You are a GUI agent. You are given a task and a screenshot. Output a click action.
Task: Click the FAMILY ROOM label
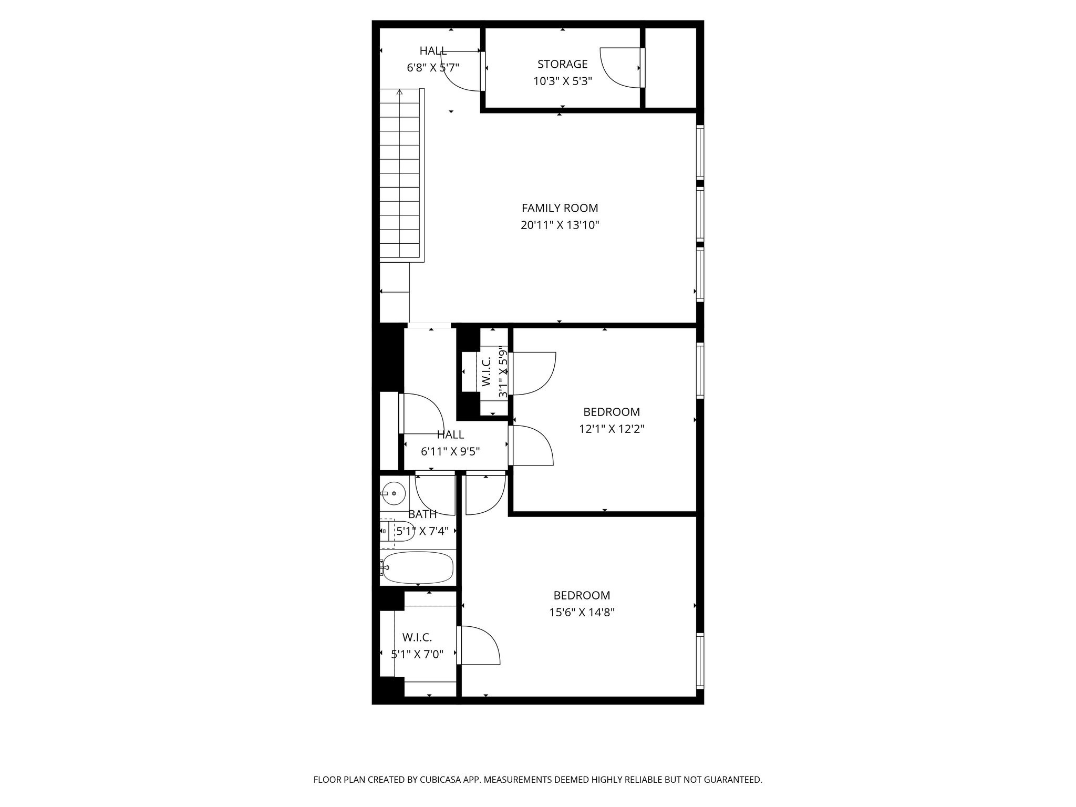[x=560, y=208]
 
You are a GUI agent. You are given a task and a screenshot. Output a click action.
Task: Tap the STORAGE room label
[x=562, y=64]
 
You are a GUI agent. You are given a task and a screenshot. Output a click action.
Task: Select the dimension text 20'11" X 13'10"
[x=560, y=225]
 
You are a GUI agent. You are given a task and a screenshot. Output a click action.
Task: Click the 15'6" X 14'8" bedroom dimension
[x=582, y=612]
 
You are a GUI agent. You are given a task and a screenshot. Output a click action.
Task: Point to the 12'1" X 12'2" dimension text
[x=612, y=429]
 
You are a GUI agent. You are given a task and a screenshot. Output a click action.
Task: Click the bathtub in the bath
[x=418, y=567]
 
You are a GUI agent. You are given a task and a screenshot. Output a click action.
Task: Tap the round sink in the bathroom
[x=393, y=493]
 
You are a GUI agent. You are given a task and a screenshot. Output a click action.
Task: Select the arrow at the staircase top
[x=400, y=93]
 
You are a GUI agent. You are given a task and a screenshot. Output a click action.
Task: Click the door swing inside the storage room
[x=620, y=67]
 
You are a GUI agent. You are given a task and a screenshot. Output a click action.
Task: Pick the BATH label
[x=422, y=514]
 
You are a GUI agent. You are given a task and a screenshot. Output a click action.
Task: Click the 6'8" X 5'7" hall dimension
[x=433, y=68]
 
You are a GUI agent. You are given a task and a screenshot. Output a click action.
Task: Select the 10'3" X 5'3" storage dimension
[x=562, y=81]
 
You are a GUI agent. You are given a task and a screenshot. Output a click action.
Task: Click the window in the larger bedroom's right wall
[x=700, y=661]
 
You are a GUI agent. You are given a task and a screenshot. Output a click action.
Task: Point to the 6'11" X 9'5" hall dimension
[x=450, y=451]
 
